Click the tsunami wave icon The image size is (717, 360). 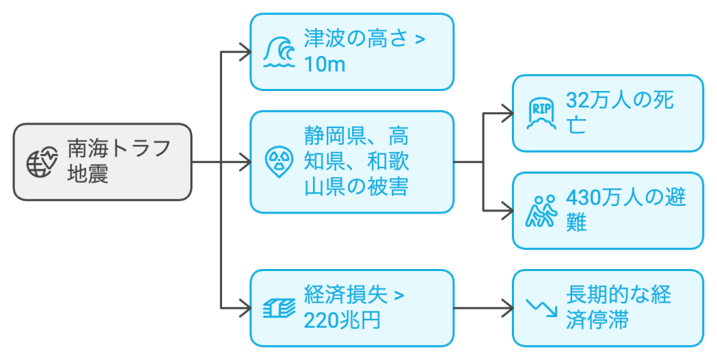[279, 52]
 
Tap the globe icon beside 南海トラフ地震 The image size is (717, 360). [42, 162]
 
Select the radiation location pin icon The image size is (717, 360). [279, 161]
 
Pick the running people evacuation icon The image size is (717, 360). [540, 211]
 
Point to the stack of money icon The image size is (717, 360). [279, 307]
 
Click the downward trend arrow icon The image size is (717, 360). [540, 307]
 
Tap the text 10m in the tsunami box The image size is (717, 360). [325, 64]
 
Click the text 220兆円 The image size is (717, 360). [342, 320]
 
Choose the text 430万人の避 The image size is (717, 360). [625, 198]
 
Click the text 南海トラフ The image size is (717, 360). [118, 149]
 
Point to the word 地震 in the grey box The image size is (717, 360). [88, 174]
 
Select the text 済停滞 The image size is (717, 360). [597, 320]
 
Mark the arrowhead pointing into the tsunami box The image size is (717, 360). [245, 51]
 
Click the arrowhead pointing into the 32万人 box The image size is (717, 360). [506, 112]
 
